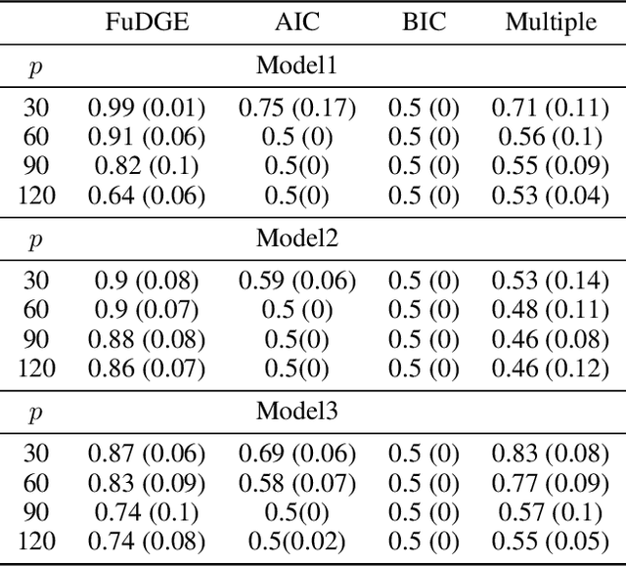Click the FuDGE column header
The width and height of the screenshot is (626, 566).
(147, 22)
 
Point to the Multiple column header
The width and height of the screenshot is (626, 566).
(551, 22)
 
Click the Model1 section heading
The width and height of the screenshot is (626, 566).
(296, 66)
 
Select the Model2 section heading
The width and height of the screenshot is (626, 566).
(296, 239)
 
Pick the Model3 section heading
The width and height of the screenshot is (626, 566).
(296, 411)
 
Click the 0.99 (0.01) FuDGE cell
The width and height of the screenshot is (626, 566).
(147, 109)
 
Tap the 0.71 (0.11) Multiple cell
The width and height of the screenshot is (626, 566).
(551, 109)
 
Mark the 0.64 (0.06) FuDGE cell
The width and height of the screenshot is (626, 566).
(147, 196)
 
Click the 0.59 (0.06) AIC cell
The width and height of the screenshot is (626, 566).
(296, 282)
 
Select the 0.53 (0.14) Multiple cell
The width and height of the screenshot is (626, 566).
(551, 282)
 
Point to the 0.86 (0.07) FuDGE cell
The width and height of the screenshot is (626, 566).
(147, 368)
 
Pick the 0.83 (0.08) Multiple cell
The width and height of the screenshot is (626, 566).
(551, 453)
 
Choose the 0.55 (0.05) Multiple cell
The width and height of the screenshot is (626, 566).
(551, 539)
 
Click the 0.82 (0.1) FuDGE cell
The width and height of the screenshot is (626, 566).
(147, 167)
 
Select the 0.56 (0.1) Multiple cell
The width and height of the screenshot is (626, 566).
(551, 138)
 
